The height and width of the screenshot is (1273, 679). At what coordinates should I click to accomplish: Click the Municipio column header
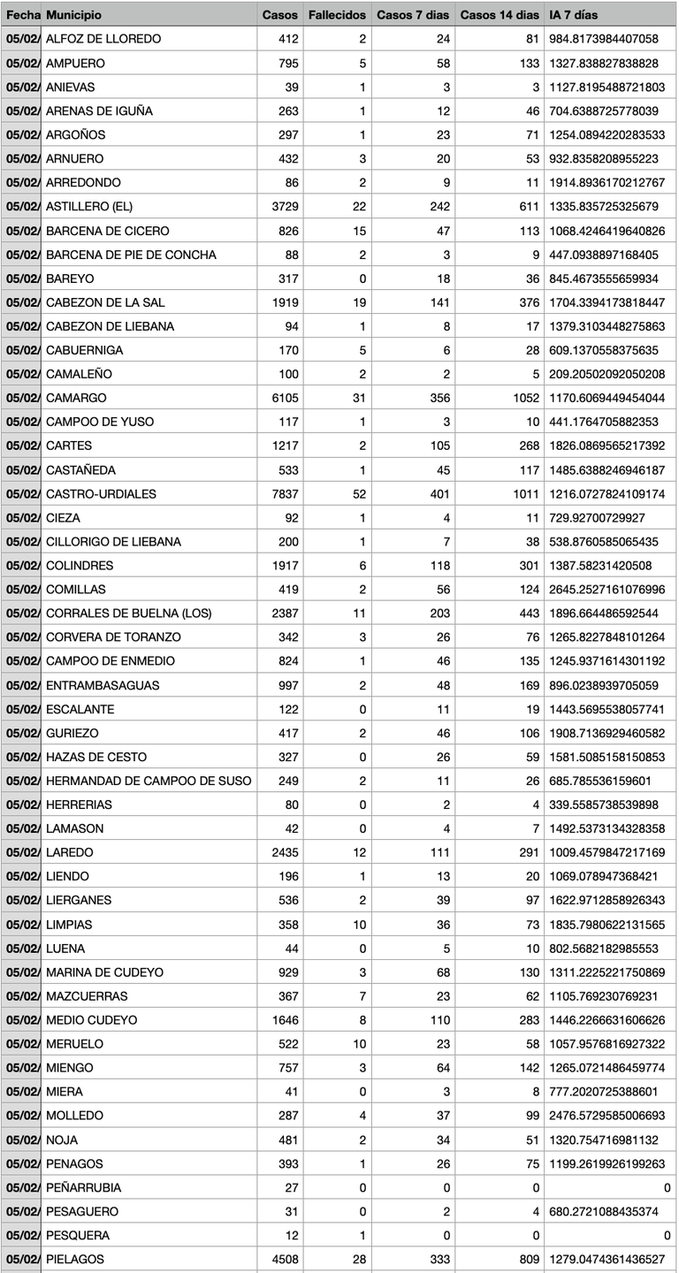pyautogui.click(x=73, y=15)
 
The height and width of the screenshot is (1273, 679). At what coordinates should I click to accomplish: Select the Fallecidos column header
pyautogui.click(x=337, y=15)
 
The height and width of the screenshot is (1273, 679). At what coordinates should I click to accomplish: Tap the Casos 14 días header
pyautogui.click(x=500, y=15)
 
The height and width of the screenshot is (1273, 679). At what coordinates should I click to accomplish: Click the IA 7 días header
pyautogui.click(x=574, y=15)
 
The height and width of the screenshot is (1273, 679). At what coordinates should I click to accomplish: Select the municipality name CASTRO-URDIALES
pyautogui.click(x=101, y=493)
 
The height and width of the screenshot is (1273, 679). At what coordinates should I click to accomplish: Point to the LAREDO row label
pyautogui.click(x=69, y=852)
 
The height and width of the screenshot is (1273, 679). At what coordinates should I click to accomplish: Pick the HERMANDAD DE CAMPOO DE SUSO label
pyautogui.click(x=149, y=781)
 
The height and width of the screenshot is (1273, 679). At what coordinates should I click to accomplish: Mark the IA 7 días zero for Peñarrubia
pyautogui.click(x=667, y=1187)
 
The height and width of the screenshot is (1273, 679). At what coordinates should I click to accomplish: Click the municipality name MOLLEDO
pyautogui.click(x=74, y=1116)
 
